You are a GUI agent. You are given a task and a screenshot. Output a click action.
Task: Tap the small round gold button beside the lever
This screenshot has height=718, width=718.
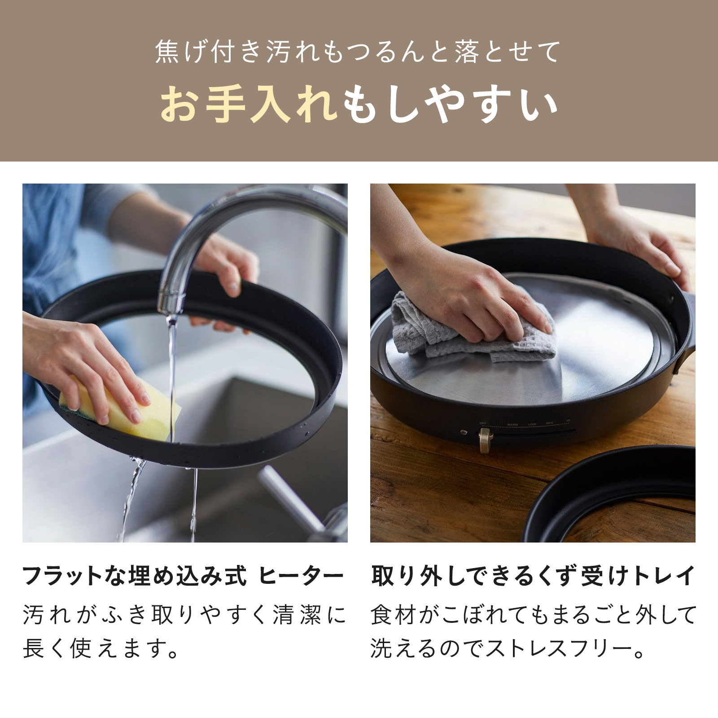pyautogui.click(x=464, y=433)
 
